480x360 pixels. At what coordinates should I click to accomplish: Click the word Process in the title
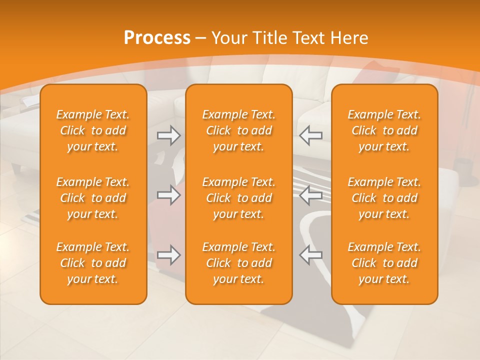coord(157,38)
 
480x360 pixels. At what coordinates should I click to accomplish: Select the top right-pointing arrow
coord(168,135)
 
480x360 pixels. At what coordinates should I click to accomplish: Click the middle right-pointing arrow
coord(168,195)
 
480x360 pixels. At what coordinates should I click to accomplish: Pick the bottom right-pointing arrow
coord(168,255)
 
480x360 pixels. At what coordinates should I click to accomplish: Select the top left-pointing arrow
coord(310,135)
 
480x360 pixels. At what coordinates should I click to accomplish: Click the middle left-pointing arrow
coord(310,195)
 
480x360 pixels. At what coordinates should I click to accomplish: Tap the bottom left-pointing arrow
coord(310,255)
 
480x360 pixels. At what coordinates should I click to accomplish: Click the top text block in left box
coord(93,130)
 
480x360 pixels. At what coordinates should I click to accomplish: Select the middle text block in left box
coord(93,198)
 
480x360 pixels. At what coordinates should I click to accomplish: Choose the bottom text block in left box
coord(93,263)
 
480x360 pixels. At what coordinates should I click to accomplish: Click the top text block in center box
coord(238,130)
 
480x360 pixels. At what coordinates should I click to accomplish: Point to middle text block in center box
coord(238,198)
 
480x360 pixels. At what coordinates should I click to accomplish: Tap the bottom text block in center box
coord(238,263)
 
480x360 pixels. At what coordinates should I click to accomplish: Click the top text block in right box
coord(384,130)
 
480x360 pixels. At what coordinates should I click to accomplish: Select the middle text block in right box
coord(384,198)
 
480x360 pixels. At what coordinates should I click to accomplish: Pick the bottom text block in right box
coord(384,263)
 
